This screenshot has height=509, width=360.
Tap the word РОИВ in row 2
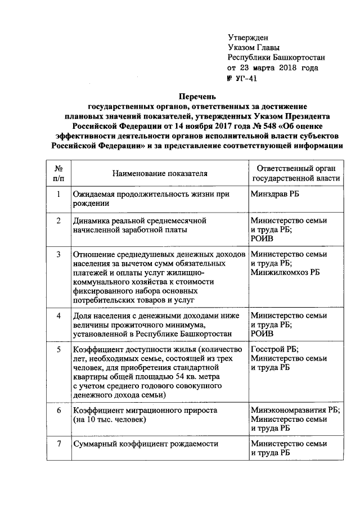[262, 238]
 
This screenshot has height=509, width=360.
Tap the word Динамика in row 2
[90, 220]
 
